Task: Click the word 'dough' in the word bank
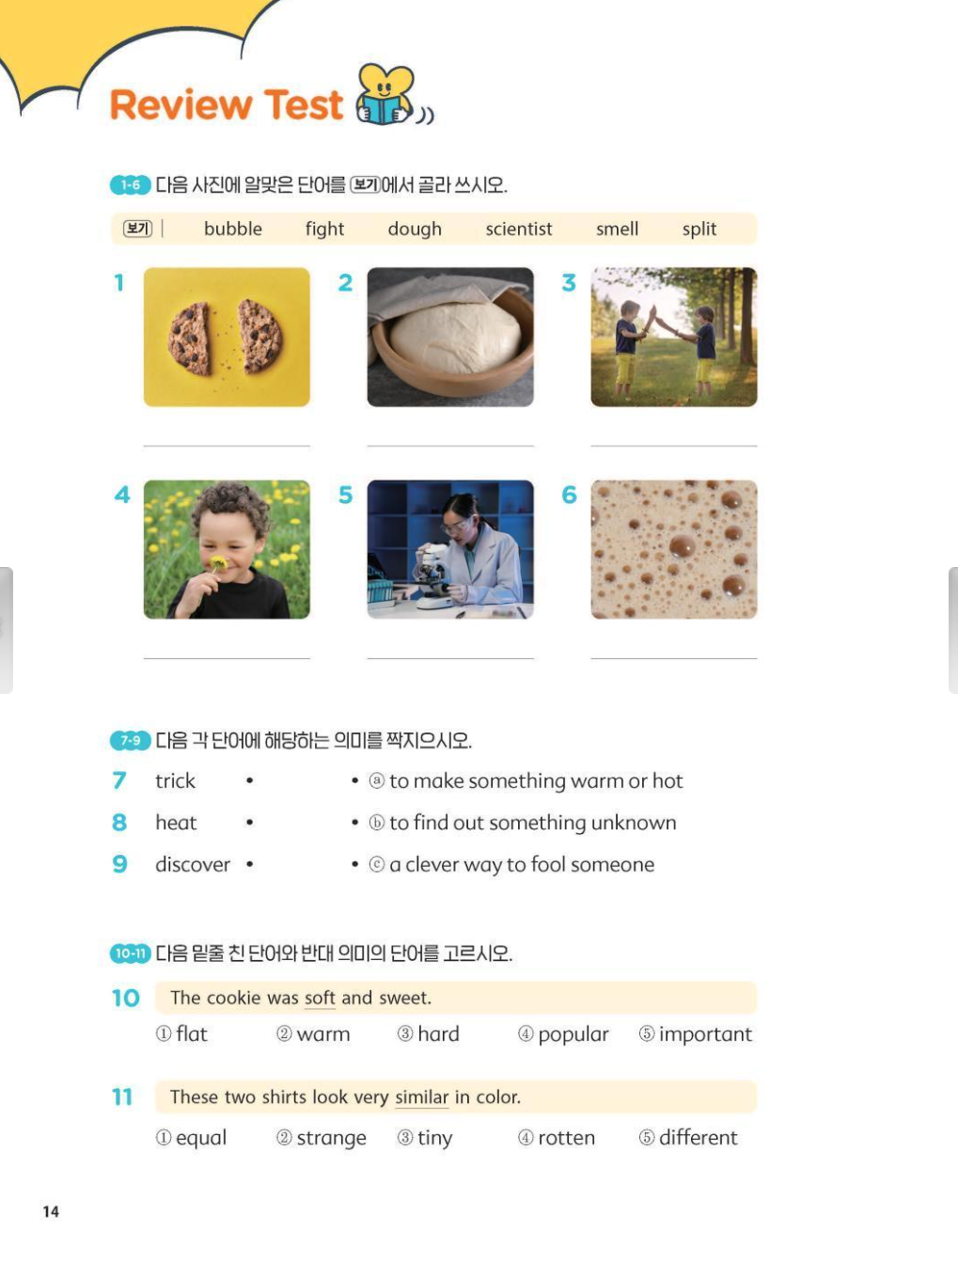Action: [415, 229]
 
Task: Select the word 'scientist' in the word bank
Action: [519, 229]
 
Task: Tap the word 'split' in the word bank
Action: [699, 229]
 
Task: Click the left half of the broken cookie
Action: [189, 339]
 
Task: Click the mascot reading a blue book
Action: [385, 95]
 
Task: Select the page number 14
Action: [51, 1211]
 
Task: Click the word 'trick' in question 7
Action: [175, 781]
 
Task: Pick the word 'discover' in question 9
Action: [193, 864]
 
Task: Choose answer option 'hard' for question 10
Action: [438, 1034]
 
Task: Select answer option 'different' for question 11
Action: [698, 1138]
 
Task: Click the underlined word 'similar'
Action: [421, 1097]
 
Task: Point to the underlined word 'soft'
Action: [320, 998]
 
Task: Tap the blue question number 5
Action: [345, 495]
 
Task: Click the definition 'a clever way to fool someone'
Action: [522, 864]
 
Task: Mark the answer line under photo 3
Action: [674, 446]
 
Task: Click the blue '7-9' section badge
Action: [131, 740]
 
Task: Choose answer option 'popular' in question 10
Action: [573, 1034]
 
